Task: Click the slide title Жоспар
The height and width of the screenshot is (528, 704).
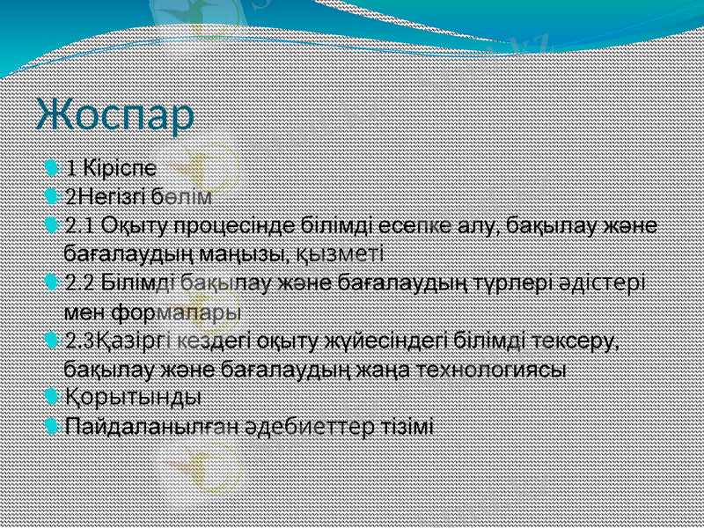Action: tap(115, 116)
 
